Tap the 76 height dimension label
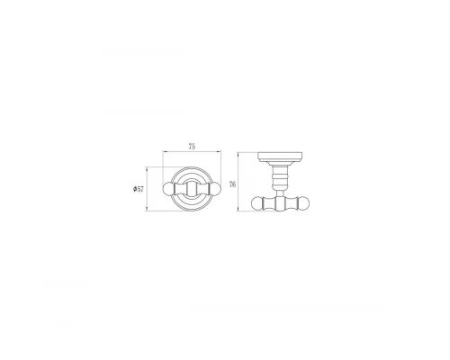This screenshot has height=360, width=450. pos(232,184)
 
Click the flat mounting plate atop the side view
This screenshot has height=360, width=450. pos(280,156)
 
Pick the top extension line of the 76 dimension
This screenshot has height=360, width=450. pos(247,154)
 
